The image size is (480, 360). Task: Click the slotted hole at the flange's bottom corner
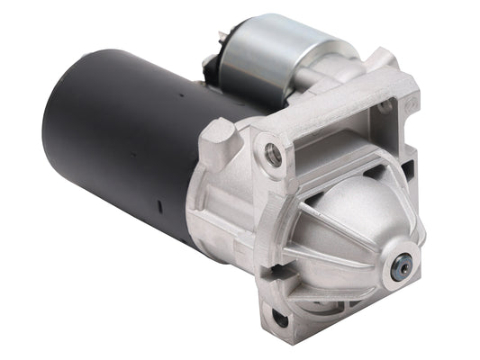282,317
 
